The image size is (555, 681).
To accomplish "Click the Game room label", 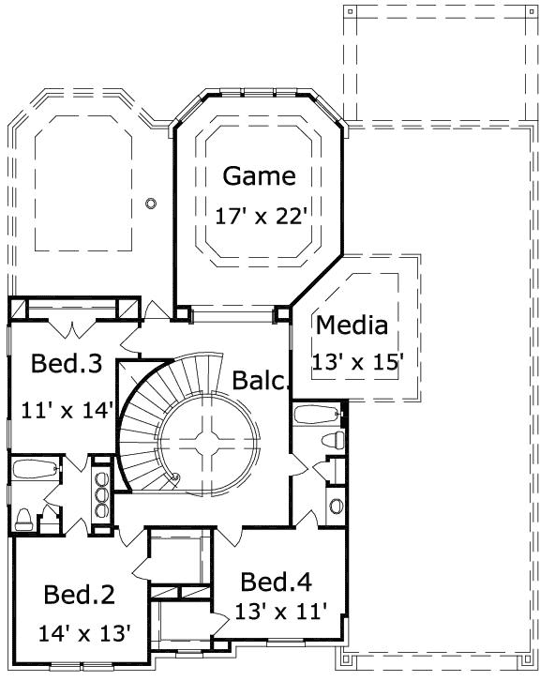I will (x=260, y=175).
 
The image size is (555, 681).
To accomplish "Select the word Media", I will (x=352, y=325).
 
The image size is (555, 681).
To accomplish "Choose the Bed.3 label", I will (x=66, y=363).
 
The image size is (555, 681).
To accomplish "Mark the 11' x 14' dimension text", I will (x=67, y=409).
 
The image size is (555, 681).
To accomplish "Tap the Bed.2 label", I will (x=80, y=594).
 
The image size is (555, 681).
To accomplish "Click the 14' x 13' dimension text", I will (x=84, y=632).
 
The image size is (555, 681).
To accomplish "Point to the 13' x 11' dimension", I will (x=282, y=613).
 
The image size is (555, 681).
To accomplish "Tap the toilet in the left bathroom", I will (x=26, y=519).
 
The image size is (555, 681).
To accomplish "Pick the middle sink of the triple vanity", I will (x=101, y=491).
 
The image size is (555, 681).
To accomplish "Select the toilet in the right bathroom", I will (x=330, y=440).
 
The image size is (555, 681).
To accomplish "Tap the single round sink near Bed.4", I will (x=336, y=506).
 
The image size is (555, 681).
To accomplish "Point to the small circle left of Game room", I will (x=151, y=203).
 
